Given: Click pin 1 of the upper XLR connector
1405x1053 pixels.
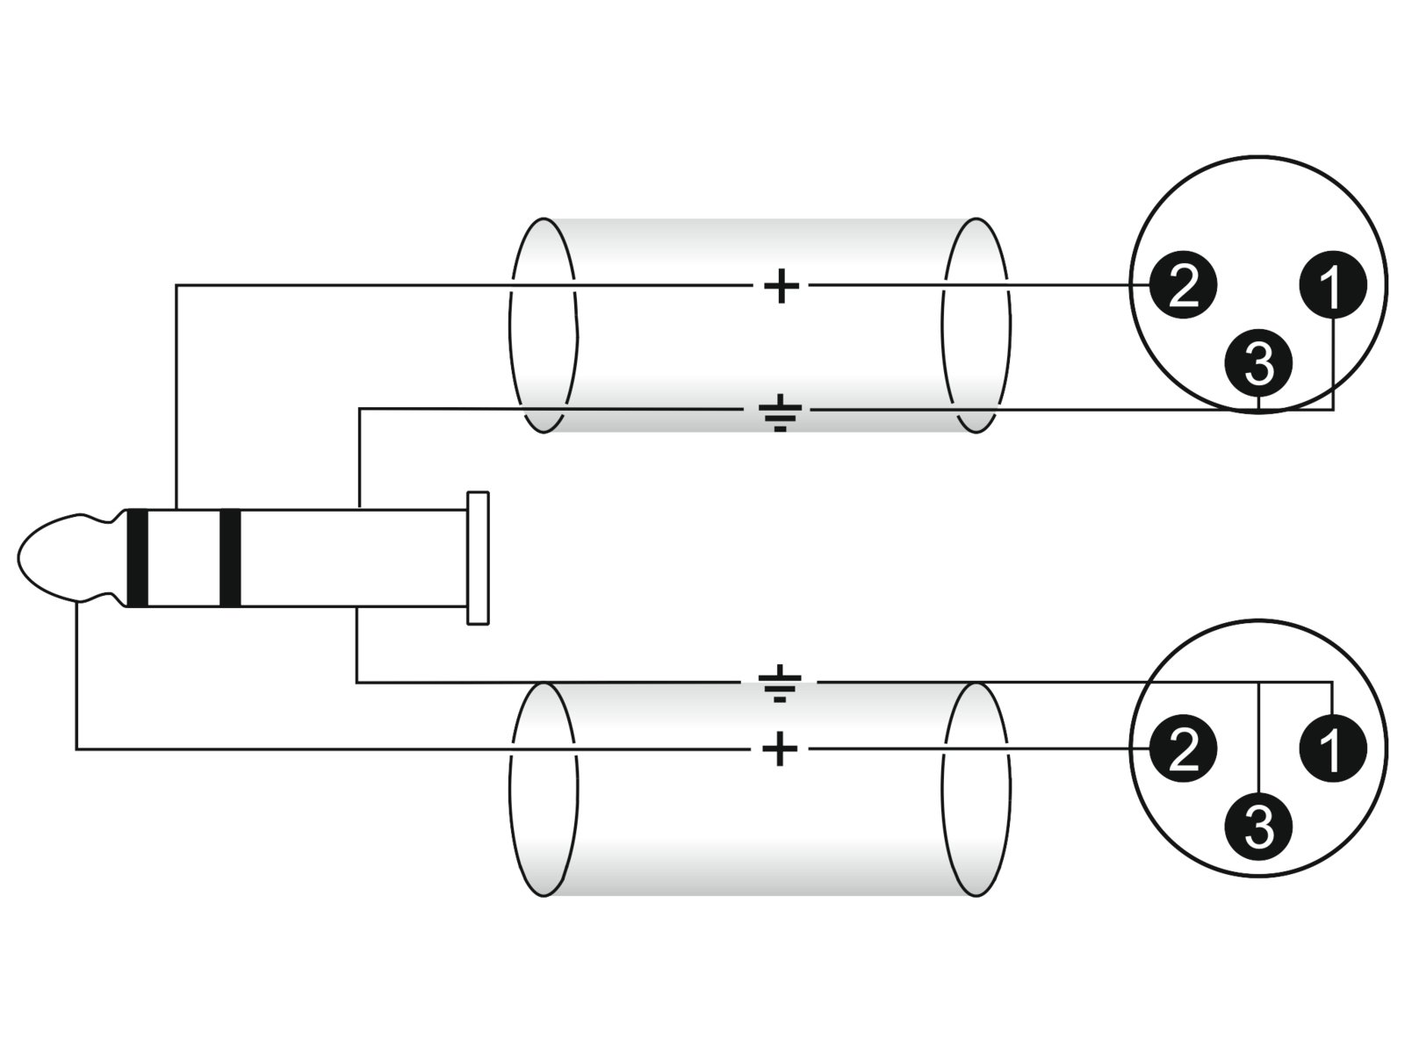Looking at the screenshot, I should pyautogui.click(x=1332, y=284).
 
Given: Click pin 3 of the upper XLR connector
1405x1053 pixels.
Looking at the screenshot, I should pyautogui.click(x=1258, y=362).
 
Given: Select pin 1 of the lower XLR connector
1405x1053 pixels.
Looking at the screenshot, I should pyautogui.click(x=1332, y=749).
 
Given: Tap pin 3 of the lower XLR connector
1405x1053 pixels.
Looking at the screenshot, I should pyautogui.click(x=1258, y=826).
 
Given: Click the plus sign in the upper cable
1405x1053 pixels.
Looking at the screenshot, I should pyautogui.click(x=781, y=285).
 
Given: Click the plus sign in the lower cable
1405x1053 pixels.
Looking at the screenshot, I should pyautogui.click(x=780, y=749).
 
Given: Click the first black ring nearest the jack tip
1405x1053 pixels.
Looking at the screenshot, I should pyautogui.click(x=138, y=558).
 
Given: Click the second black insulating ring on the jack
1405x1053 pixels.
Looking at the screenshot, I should pyautogui.click(x=230, y=558).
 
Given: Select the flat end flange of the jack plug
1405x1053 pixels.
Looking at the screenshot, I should pyautogui.click(x=478, y=558).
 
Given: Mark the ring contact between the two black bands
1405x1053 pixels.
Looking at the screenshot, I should pyautogui.click(x=184, y=558).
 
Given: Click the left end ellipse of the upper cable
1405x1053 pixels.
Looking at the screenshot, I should pyautogui.click(x=543, y=326).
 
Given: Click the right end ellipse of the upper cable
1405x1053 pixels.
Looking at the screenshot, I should pyautogui.click(x=976, y=326).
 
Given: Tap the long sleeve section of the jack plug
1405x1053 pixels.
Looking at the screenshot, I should pyautogui.click(x=351, y=558).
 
